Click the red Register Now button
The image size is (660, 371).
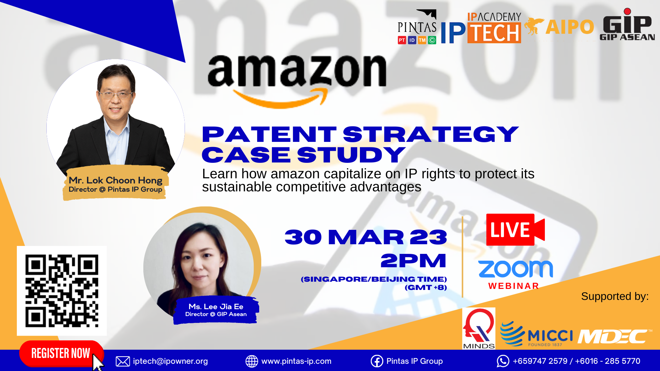click(61, 353)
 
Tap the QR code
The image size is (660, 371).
click(62, 291)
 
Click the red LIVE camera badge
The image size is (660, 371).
click(515, 229)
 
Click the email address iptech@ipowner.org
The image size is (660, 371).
click(170, 361)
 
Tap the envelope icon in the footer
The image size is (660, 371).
click(123, 361)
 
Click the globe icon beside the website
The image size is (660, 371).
click(252, 361)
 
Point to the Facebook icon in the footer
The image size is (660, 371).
click(377, 361)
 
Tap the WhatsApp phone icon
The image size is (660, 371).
click(503, 361)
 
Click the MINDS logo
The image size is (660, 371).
click(479, 328)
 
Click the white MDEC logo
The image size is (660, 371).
click(615, 336)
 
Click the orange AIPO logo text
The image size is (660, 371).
click(570, 27)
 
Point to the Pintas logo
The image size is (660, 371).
click(417, 27)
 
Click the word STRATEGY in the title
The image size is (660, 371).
click(431, 134)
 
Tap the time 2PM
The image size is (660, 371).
click(414, 261)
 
